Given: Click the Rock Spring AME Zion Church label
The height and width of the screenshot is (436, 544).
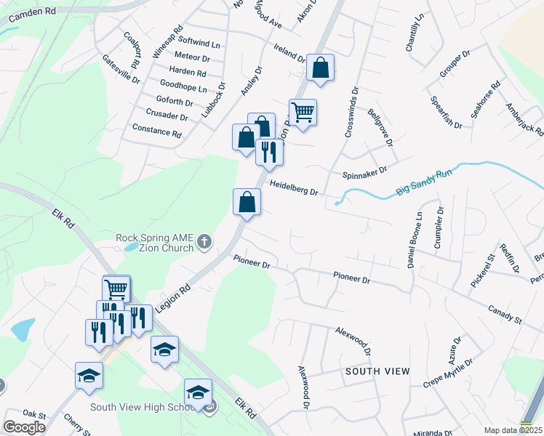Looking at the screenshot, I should point(155,242).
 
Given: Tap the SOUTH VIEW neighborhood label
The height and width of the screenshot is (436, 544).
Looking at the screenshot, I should point(377,371).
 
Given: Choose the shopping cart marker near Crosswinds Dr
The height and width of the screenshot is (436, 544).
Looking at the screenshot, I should point(303,113).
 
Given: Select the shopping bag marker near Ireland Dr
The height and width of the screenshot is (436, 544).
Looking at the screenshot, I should point(320,68).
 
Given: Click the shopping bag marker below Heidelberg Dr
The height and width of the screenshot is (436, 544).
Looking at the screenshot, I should point(247,201).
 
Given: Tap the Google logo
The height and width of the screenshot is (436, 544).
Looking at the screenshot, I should point(24,427).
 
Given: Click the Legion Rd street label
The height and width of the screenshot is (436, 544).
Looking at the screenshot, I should point(172,298).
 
